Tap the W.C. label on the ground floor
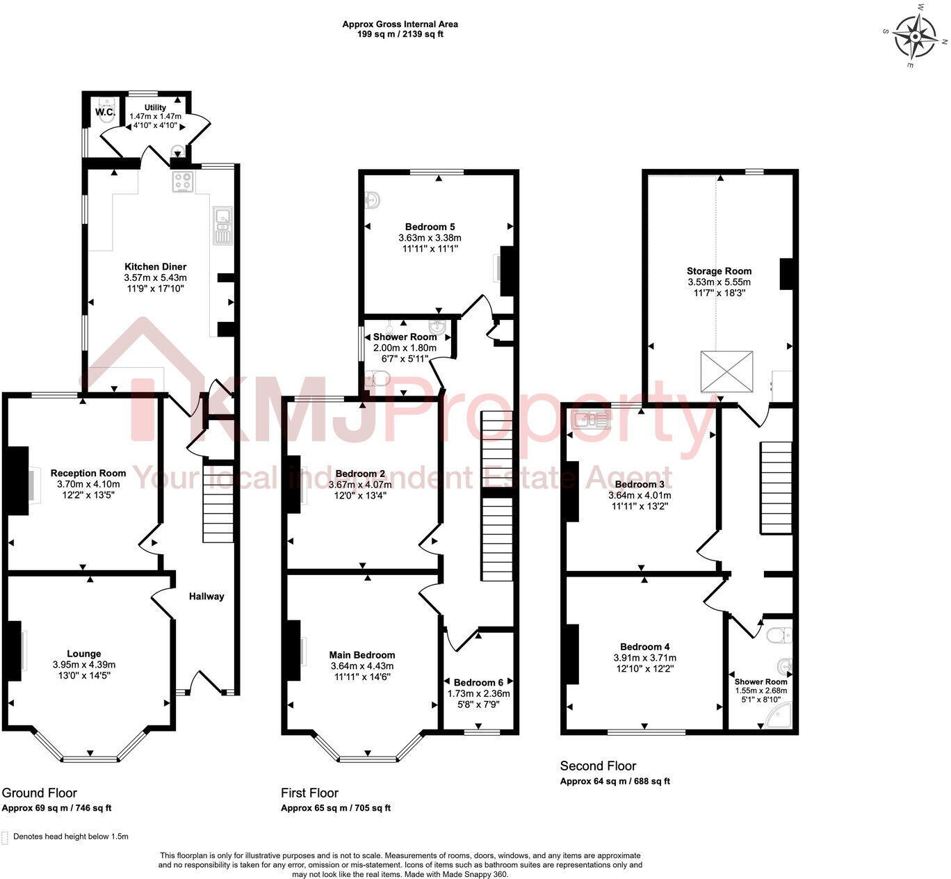[x=104, y=112]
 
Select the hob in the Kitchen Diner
[x=183, y=181]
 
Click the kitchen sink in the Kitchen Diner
[x=222, y=225]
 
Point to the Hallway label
[x=206, y=596]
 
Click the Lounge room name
[x=83, y=654]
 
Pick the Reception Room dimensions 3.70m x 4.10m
[x=88, y=484]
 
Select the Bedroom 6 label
[x=478, y=682]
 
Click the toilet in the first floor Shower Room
[x=378, y=378]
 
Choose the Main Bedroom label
[x=361, y=655]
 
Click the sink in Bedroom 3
[x=590, y=419]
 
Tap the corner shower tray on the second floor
[x=779, y=716]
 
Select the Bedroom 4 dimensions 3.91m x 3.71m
[x=644, y=658]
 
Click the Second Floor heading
[x=598, y=766]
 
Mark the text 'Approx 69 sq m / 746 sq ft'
[x=56, y=808]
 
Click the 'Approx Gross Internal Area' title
[x=400, y=24]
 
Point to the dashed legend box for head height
[x=6, y=837]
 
